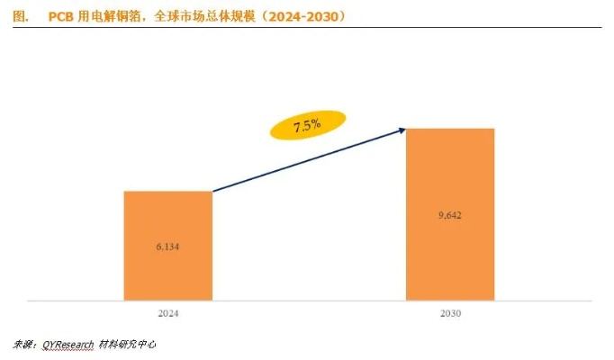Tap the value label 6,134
[x=167, y=245]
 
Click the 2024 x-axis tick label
[x=167, y=314]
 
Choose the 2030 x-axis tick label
[x=450, y=314]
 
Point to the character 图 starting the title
[x=20, y=16]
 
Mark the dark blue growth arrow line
[x=306, y=161]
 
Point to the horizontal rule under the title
[x=306, y=27]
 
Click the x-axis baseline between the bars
[x=309, y=300]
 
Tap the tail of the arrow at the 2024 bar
[x=214, y=191]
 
